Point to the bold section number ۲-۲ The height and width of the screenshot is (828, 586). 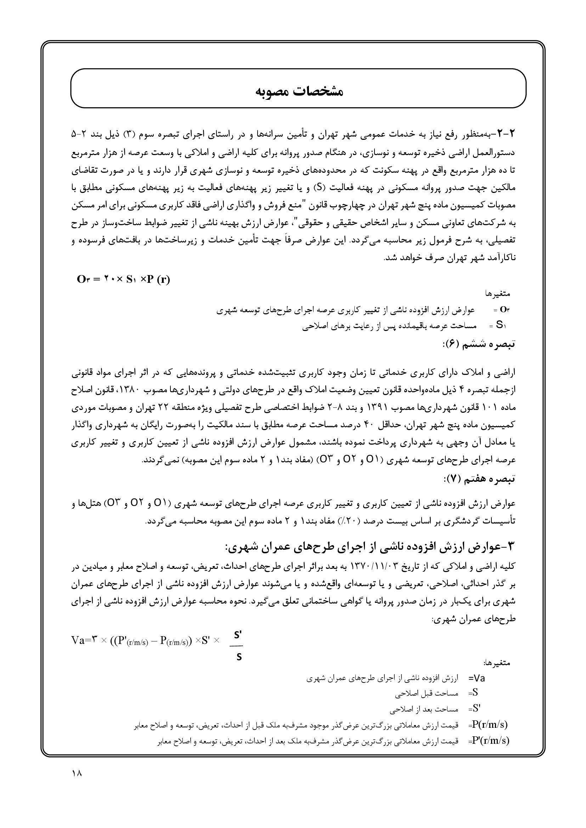pos(504,134)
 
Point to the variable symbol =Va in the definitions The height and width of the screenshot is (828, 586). pos(477,678)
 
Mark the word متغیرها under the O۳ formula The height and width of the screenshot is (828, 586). pos(497,294)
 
